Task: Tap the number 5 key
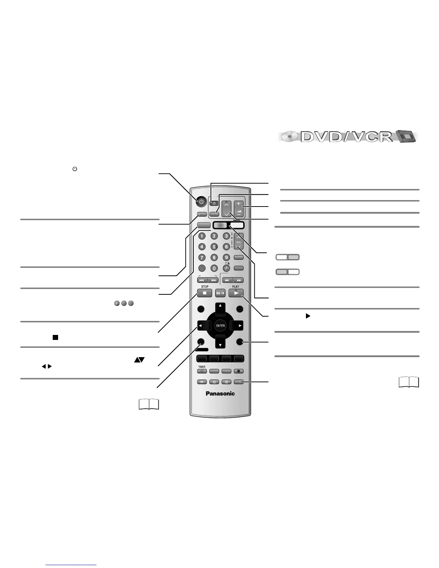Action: point(214,247)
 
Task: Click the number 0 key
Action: point(214,268)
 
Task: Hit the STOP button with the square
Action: point(204,293)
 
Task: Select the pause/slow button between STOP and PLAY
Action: point(220,293)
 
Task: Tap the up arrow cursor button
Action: point(220,309)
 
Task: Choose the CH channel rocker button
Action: point(239,242)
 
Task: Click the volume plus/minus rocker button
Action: point(239,208)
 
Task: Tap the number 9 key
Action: point(226,257)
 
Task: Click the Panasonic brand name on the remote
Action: point(220,393)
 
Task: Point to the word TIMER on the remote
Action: point(202,367)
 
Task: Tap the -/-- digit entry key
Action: point(226,268)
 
